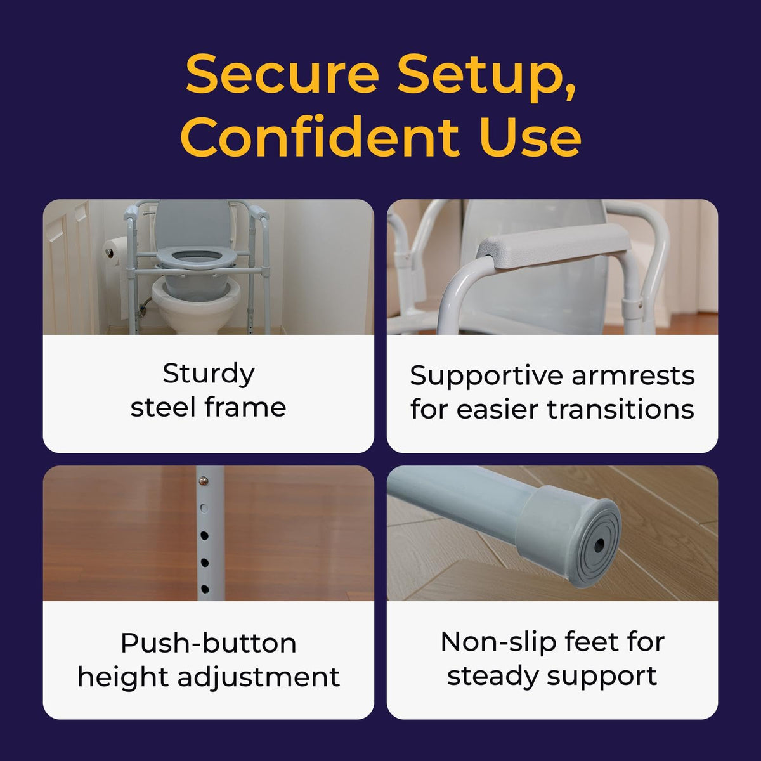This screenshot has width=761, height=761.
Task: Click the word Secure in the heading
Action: coord(282,74)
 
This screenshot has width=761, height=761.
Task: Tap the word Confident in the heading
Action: coord(320,136)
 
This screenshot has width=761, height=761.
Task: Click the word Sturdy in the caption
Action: coord(209,374)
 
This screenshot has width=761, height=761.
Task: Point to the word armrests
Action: coord(633,375)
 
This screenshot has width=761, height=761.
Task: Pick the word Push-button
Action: coord(209,643)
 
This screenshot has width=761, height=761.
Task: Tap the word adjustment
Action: coord(259,678)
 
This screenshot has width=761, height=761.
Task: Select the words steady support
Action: coord(552,678)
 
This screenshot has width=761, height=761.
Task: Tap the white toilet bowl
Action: coord(196,304)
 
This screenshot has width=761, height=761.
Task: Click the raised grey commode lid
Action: coord(192,222)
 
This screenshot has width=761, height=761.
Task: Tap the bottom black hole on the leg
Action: coord(205,590)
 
